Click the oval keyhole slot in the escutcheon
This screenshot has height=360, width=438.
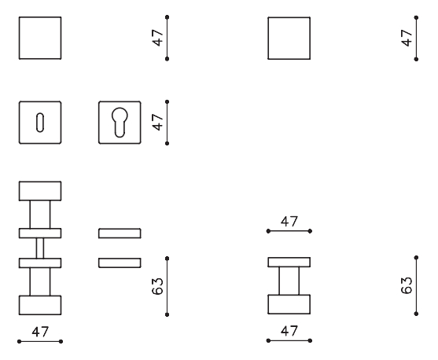(x=40, y=123)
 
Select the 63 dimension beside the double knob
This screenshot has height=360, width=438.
(x=157, y=286)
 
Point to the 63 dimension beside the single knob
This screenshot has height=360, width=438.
(x=407, y=285)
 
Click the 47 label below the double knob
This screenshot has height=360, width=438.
(x=40, y=332)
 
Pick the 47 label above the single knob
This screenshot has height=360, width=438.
(x=289, y=222)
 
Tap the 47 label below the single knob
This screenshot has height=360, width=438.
(x=289, y=331)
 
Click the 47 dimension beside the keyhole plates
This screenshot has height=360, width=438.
(x=157, y=122)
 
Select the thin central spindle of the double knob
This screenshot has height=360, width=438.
(x=40, y=248)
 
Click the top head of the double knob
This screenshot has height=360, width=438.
(x=40, y=191)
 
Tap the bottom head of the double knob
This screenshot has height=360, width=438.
(x=40, y=305)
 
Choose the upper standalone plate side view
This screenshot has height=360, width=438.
(x=120, y=233)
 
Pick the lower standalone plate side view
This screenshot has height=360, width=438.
(x=120, y=263)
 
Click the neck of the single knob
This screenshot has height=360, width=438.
(x=289, y=281)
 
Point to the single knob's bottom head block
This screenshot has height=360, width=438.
(x=289, y=304)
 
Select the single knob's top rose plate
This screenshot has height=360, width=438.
(x=289, y=262)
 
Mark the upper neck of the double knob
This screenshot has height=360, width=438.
(x=40, y=215)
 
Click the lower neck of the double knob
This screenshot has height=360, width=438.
(x=40, y=282)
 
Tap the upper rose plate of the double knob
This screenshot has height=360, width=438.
(x=40, y=233)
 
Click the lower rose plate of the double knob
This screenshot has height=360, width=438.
(x=40, y=263)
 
